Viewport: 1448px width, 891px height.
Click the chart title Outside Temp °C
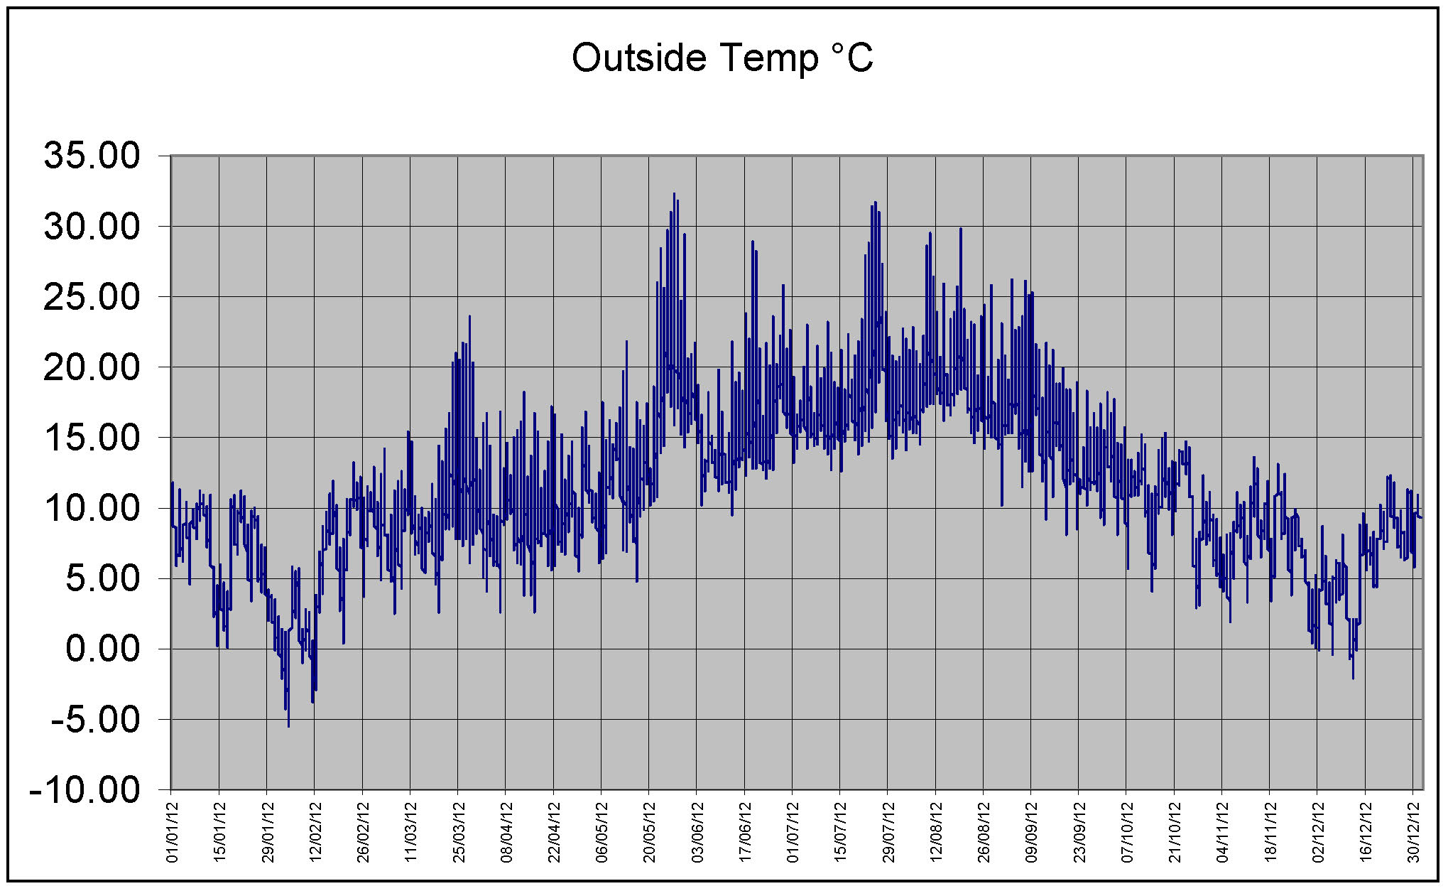(x=722, y=58)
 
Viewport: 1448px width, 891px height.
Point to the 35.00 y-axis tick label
(x=92, y=156)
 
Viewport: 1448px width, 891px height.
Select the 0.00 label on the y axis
(x=103, y=649)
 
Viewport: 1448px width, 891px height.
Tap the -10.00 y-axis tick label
(x=85, y=789)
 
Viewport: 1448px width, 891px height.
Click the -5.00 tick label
(x=96, y=719)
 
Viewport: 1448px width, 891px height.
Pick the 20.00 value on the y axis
(x=92, y=367)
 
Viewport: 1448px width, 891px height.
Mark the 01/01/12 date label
(x=172, y=832)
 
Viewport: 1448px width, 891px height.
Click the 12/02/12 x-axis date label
(x=315, y=832)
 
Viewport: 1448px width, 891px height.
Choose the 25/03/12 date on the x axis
(x=459, y=832)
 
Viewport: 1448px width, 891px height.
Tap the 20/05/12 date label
(x=650, y=832)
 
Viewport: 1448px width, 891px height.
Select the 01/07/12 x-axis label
(x=793, y=832)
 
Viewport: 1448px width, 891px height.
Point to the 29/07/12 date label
(x=888, y=832)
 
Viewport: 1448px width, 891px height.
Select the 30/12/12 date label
(x=1414, y=832)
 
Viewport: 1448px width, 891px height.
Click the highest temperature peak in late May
(x=674, y=194)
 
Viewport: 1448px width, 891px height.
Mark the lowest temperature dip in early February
(x=288, y=725)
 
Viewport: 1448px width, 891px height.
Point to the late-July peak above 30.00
(x=875, y=202)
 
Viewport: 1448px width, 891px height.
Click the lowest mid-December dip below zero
(x=1353, y=678)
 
